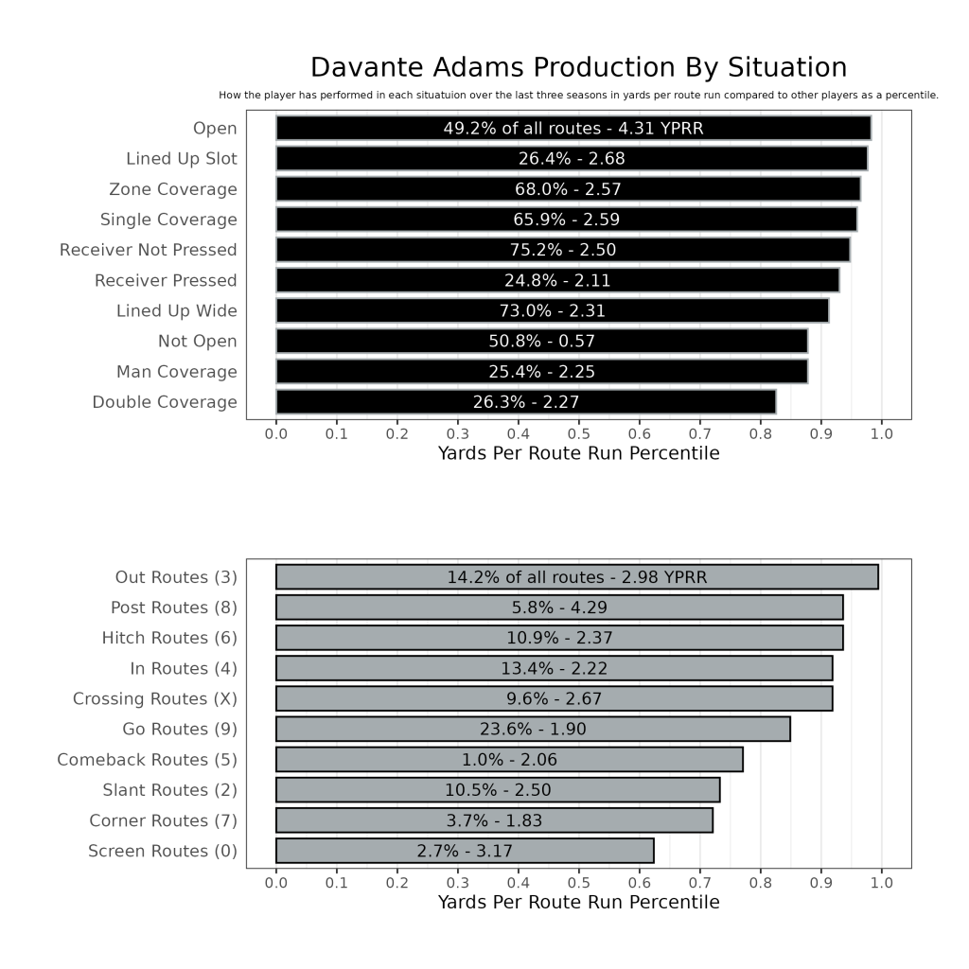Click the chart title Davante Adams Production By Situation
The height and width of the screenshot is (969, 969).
578,68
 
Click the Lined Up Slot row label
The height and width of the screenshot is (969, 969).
182,159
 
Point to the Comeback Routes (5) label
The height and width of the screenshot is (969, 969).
147,760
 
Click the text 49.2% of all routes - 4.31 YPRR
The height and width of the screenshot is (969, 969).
573,129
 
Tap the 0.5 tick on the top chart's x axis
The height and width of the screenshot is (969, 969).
578,433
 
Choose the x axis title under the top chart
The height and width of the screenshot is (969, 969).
578,454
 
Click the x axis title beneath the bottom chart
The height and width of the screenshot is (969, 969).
578,903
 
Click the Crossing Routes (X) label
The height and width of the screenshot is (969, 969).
155,699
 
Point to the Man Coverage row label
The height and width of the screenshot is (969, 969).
177,372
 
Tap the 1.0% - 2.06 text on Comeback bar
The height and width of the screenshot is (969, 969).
501,760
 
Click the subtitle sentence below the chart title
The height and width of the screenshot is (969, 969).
578,96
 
